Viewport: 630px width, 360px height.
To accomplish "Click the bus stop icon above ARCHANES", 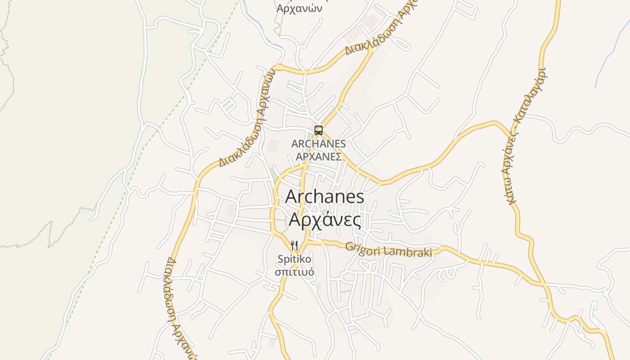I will click(x=319, y=130).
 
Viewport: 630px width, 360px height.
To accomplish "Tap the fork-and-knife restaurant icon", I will click(x=294, y=246).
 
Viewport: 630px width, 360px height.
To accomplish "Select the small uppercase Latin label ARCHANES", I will click(x=318, y=144).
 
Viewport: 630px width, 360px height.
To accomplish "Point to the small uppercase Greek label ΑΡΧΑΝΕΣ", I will click(x=318, y=157).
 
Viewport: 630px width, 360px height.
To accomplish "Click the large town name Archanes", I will click(x=324, y=197).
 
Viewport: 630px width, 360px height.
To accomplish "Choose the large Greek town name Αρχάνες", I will click(x=324, y=220).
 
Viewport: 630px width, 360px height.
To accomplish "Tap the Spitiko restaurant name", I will click(x=294, y=259).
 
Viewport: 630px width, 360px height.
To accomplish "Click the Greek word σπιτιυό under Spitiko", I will click(x=294, y=272).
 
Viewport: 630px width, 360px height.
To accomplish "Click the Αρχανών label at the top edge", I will click(x=299, y=9).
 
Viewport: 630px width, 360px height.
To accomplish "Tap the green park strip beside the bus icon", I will click(x=310, y=135).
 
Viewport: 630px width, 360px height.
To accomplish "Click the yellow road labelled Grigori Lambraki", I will click(x=472, y=260).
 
